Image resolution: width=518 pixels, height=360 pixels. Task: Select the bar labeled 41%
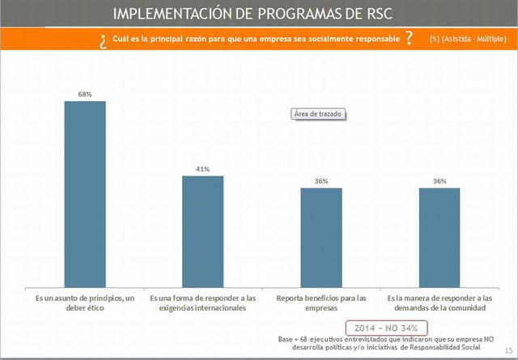(x=202, y=230)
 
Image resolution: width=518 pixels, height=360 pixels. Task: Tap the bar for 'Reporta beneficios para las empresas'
(x=321, y=235)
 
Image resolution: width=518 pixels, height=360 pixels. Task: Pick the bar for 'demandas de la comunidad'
(x=439, y=235)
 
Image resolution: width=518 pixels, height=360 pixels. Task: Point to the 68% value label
(x=85, y=94)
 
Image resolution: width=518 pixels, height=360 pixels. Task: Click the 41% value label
(x=202, y=169)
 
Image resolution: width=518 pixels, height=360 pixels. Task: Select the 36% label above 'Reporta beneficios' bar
(x=321, y=181)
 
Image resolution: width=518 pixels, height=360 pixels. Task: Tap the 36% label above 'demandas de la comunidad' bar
(x=439, y=181)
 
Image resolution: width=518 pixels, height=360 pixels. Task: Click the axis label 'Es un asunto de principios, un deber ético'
(x=85, y=303)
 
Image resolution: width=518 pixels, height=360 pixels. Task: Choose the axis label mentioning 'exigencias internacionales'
(x=202, y=303)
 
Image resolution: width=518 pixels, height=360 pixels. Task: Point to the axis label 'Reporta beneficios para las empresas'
(x=321, y=303)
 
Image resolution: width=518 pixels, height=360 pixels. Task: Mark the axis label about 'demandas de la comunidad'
(x=439, y=303)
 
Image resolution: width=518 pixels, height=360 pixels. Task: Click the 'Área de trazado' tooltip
(x=317, y=114)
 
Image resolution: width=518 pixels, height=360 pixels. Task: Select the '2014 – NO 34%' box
(x=386, y=327)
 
